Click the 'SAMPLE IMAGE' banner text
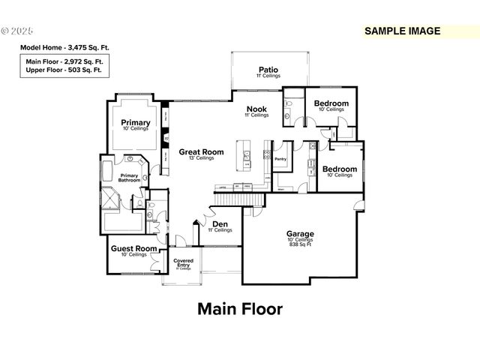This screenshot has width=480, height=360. click(x=403, y=31)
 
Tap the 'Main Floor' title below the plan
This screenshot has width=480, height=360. click(x=240, y=308)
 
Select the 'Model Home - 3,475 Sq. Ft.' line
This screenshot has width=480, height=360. click(x=64, y=47)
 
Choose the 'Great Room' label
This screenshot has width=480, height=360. click(x=201, y=151)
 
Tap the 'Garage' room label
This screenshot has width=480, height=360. click(x=300, y=233)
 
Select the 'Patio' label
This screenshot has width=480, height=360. click(x=269, y=68)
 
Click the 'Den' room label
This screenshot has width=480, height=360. click(x=220, y=223)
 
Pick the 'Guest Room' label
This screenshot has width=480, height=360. click(x=134, y=248)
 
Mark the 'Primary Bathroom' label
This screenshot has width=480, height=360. click(x=128, y=178)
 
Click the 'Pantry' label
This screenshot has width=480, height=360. click(x=281, y=159)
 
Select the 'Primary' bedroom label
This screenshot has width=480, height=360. click(x=136, y=122)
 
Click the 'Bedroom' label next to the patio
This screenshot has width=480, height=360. click(x=331, y=103)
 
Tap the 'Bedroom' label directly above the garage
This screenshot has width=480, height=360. click(x=339, y=169)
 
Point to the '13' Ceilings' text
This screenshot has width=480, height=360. click(x=201, y=158)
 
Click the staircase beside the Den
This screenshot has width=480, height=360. click(x=241, y=199)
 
